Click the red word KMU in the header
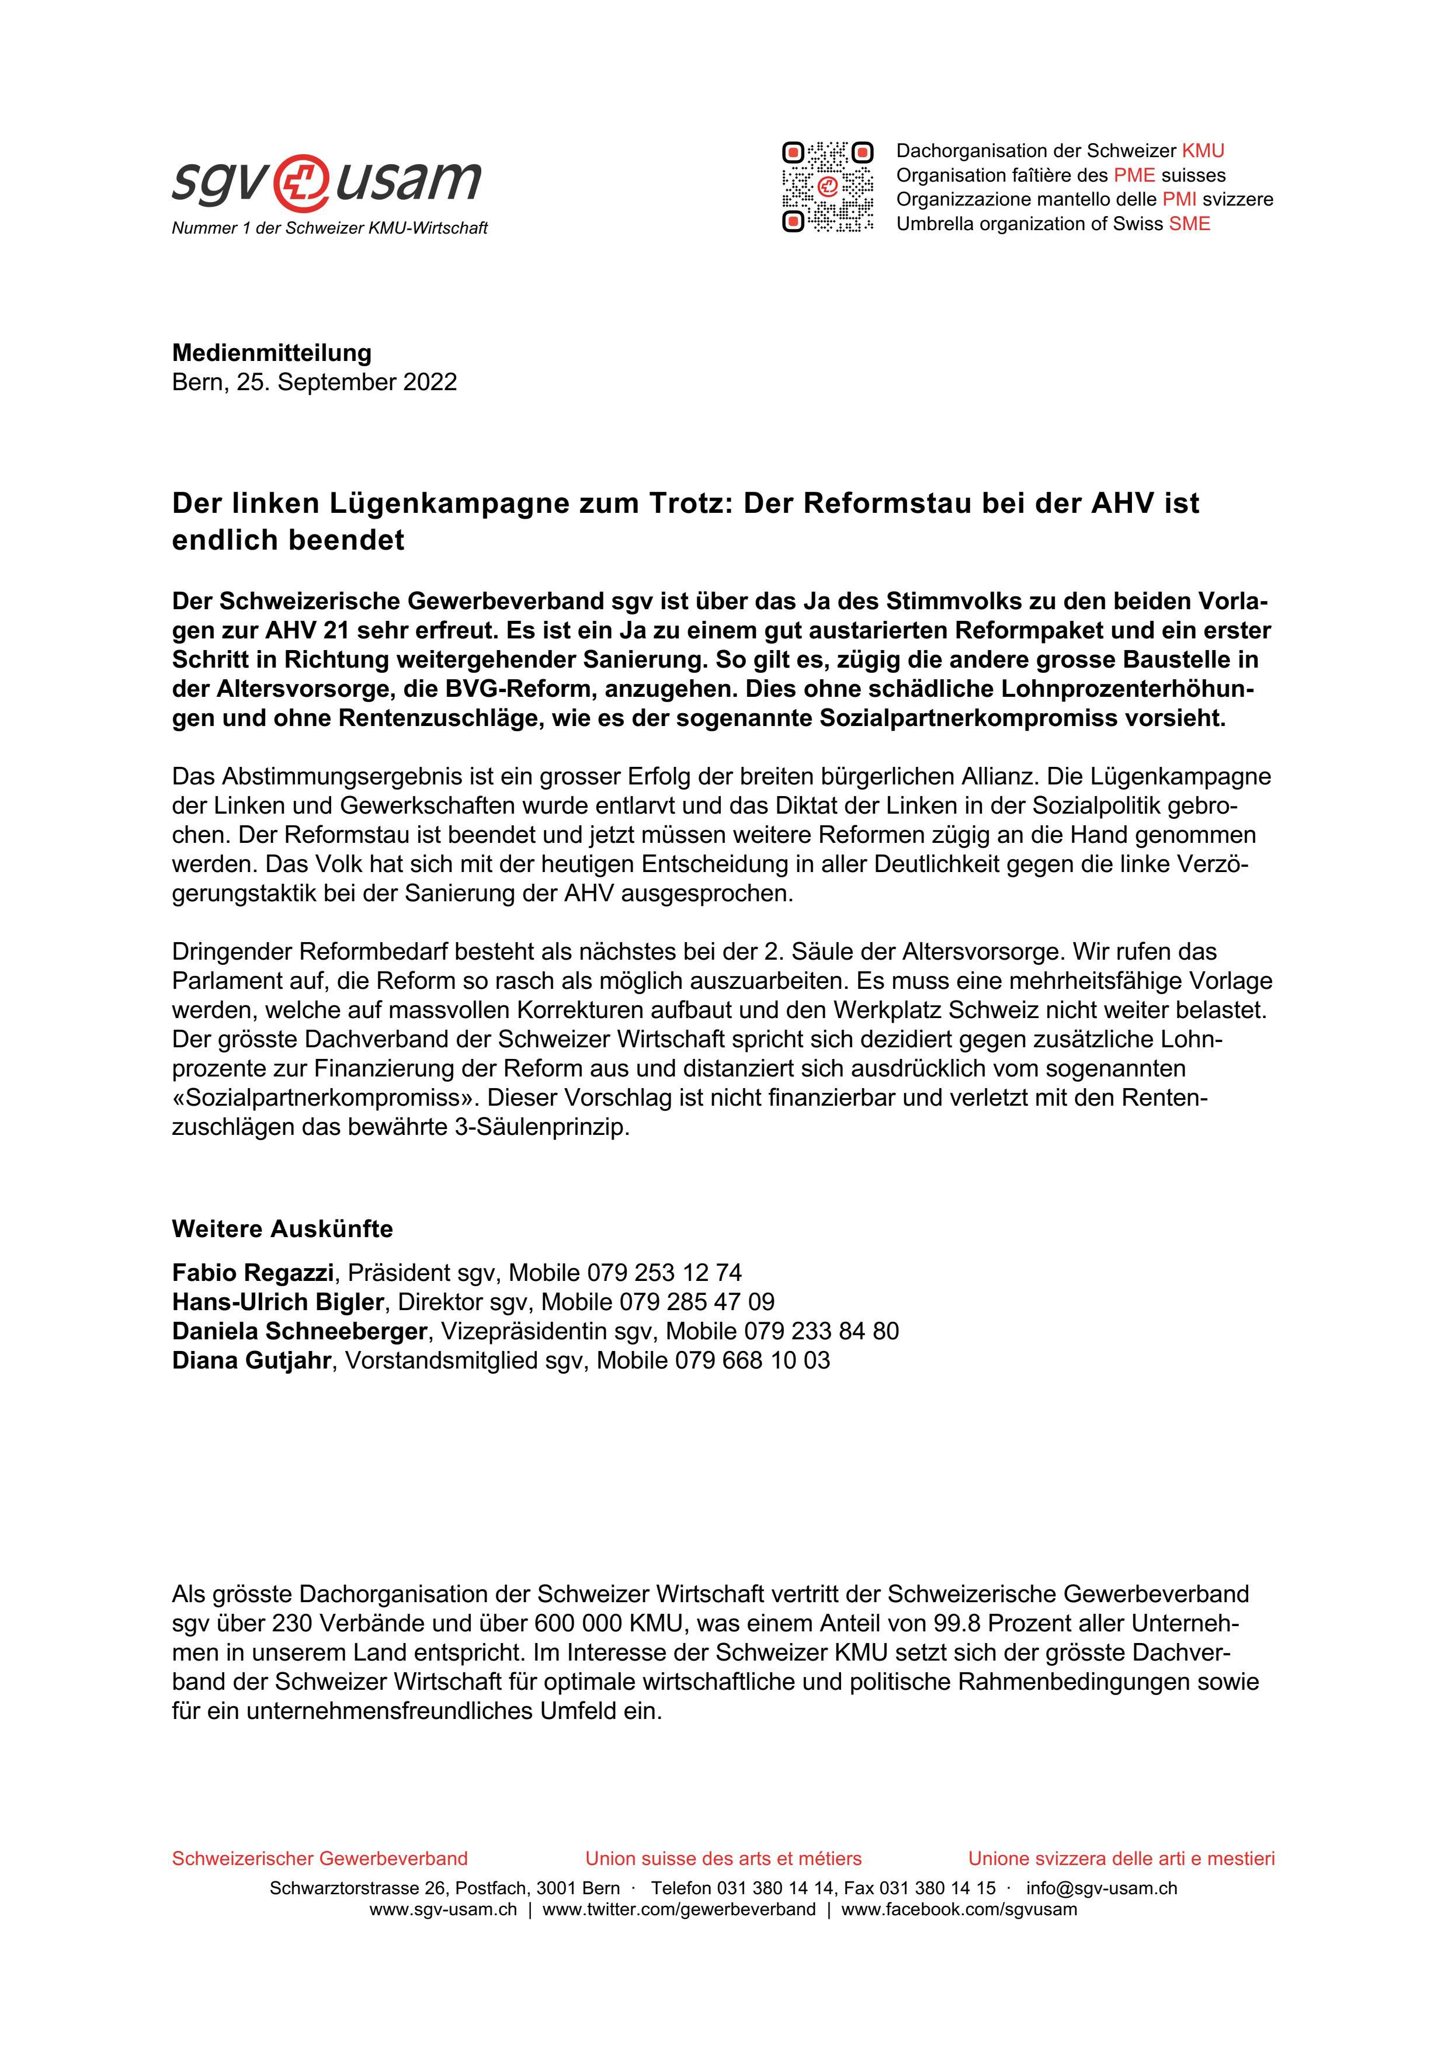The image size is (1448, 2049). tap(1203, 151)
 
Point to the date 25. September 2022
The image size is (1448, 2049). tap(346, 382)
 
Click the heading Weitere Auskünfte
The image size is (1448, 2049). tap(282, 1229)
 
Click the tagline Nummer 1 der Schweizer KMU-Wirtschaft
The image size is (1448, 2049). tap(329, 228)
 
